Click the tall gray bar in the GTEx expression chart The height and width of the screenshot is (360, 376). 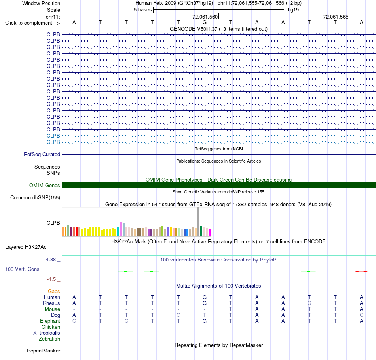tap(199, 222)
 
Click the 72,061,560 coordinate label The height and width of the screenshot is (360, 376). tap(205, 17)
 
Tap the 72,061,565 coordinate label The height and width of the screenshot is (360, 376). tap(336, 17)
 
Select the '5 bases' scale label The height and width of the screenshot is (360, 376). tap(142, 10)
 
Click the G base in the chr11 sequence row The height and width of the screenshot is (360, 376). tap(205, 22)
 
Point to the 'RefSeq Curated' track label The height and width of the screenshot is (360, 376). tap(42, 154)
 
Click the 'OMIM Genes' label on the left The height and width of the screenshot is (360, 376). tap(45, 185)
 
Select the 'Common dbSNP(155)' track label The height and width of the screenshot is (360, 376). tap(35, 197)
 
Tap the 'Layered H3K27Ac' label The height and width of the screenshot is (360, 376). tap(26, 247)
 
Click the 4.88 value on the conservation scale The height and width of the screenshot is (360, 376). tap(51, 260)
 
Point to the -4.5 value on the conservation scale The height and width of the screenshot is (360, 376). tap(51, 279)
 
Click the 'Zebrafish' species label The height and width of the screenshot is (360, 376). tap(49, 339)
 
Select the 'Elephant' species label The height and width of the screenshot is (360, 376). tap(50, 321)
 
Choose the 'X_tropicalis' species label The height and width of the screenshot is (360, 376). tap(47, 333)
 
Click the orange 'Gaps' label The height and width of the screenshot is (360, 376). tap(54, 291)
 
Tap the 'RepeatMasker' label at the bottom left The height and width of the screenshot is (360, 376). tap(44, 351)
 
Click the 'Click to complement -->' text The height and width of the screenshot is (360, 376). tap(32, 23)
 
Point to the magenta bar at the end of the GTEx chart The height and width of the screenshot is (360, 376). tap(210, 233)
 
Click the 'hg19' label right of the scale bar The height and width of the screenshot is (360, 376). tap(293, 10)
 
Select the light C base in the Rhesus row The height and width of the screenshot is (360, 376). tap(310, 303)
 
